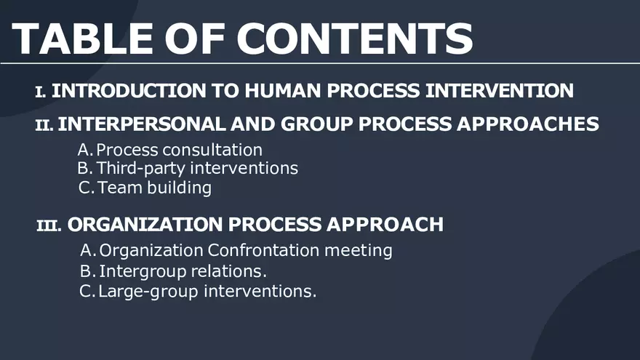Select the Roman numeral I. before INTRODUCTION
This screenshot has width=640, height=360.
click(x=41, y=92)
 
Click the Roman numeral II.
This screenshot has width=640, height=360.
click(x=44, y=125)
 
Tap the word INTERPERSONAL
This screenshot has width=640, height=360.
click(x=141, y=124)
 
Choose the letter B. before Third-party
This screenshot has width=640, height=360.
click(x=84, y=169)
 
